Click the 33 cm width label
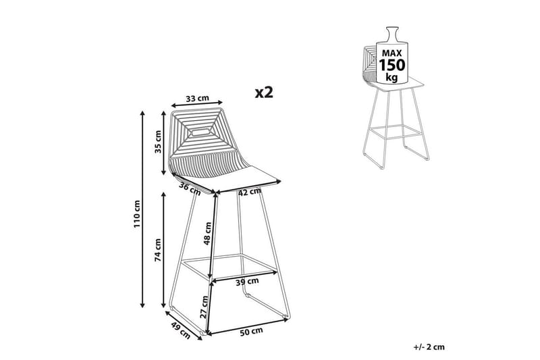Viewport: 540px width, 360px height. [196, 99]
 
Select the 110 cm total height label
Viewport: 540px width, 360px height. [137, 212]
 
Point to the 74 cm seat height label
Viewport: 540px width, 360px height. [157, 250]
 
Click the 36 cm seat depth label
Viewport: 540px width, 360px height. [191, 189]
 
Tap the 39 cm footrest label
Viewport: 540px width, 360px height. [246, 282]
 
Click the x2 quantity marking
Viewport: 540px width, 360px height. [265, 93]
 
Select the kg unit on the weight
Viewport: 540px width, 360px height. [391, 77]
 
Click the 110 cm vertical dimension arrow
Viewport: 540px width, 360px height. [143, 209]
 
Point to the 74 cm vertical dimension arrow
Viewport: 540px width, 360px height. [164, 250]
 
